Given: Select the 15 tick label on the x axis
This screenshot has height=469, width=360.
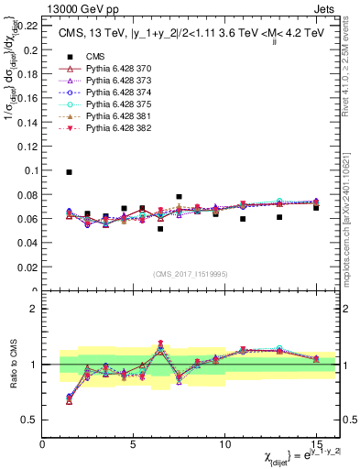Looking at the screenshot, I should pos(316,442).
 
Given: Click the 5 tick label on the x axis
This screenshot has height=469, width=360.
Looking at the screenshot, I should pos(134,442).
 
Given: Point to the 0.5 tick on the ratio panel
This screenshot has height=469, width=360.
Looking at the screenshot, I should pos(29,420).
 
